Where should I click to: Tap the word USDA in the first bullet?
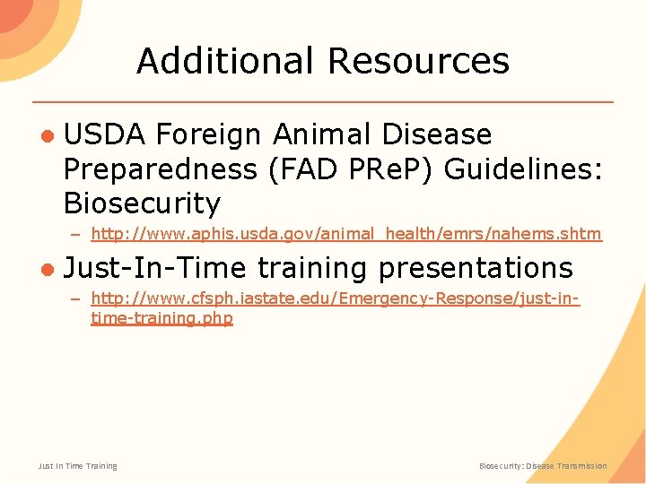(104, 134)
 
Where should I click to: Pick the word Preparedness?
(159, 169)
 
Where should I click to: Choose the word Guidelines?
(519, 169)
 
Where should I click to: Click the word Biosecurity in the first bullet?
(142, 204)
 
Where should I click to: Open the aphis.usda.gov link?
(346, 234)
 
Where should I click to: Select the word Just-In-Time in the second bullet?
(156, 267)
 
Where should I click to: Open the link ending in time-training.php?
(161, 318)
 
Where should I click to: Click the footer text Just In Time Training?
(78, 466)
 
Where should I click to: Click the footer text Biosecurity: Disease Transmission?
(543, 466)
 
